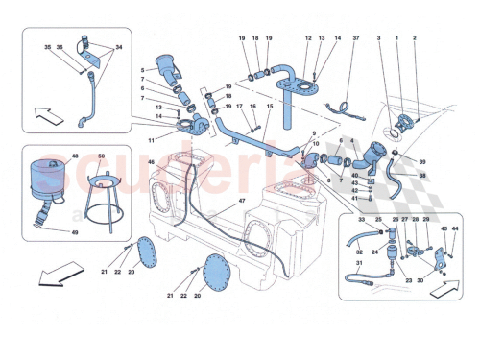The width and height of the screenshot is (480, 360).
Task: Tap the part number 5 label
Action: pos(142,69)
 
